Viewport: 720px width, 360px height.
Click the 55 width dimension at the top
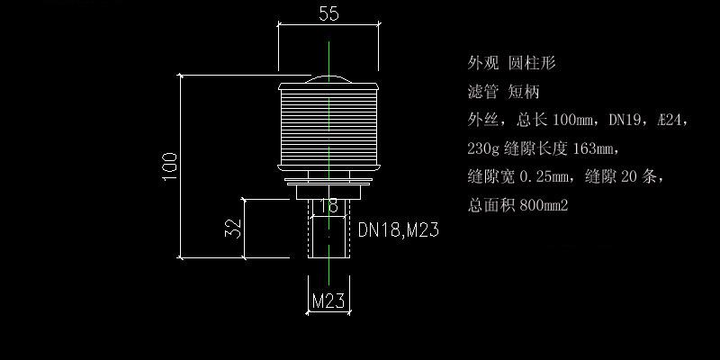click(328, 13)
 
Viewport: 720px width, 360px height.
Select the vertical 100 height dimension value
click(170, 166)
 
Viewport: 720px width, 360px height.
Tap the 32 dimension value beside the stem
click(231, 228)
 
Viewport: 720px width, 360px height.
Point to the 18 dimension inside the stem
click(329, 206)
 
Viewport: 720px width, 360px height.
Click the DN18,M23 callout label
click(398, 230)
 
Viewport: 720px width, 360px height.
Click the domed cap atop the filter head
click(329, 79)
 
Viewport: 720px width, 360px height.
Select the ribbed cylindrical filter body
click(329, 126)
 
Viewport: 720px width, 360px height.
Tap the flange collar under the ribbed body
click(329, 186)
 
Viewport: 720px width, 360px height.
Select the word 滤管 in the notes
click(482, 92)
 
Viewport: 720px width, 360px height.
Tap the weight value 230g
click(484, 148)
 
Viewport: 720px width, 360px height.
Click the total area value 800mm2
click(544, 205)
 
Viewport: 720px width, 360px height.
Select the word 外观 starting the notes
click(482, 63)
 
